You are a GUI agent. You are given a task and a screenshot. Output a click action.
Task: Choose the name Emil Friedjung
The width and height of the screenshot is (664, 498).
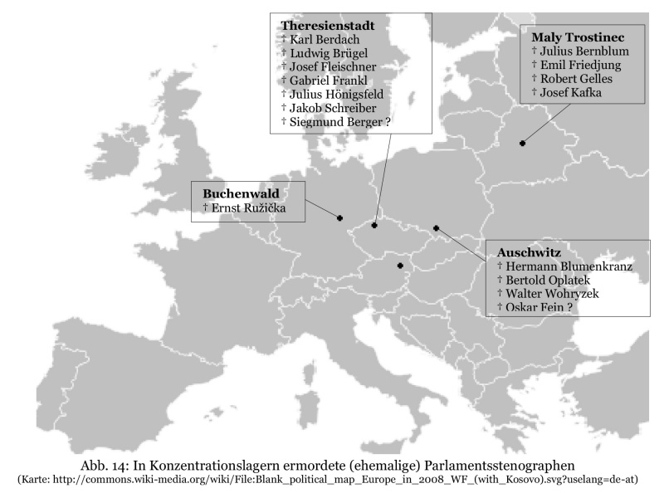586,65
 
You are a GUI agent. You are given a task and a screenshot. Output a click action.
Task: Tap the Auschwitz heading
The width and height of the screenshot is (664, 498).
530,252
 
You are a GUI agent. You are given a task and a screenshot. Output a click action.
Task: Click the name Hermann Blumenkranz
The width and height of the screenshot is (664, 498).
569,266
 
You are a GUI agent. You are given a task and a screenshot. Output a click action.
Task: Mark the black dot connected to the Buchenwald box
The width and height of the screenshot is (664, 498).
340,218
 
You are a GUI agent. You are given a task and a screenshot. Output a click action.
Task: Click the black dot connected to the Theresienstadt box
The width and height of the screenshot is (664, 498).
374,225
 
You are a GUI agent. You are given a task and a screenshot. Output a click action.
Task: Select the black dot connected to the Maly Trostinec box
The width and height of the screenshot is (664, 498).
522,144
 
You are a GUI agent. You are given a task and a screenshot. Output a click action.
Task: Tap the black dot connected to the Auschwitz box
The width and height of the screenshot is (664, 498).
436,228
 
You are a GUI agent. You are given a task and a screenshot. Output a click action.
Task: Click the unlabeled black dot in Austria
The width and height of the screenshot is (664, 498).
400,266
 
